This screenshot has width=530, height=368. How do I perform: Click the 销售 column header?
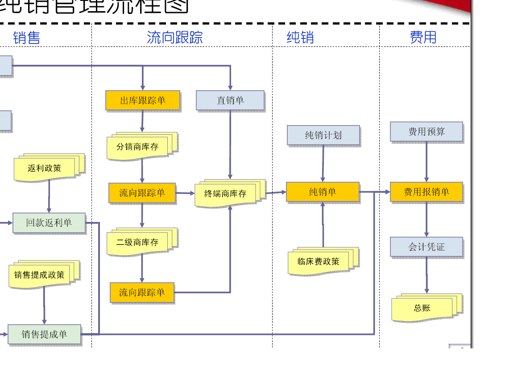(x=27, y=38)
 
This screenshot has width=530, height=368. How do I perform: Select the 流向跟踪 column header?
(x=175, y=38)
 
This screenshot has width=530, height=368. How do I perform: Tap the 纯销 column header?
(x=300, y=38)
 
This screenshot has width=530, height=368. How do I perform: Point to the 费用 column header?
(x=423, y=38)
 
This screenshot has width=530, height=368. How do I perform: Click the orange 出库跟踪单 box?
(x=143, y=100)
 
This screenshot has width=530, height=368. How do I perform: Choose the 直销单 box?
(x=230, y=100)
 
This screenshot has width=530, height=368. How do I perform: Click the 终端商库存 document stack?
(x=226, y=194)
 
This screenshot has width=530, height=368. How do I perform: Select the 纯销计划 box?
(x=323, y=135)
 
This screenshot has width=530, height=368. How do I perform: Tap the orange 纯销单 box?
(x=323, y=192)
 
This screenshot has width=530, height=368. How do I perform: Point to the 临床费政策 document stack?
(x=319, y=262)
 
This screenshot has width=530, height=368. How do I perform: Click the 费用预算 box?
(x=426, y=132)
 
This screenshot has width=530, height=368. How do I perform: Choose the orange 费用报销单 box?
(x=426, y=192)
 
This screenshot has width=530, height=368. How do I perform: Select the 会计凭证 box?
(x=426, y=247)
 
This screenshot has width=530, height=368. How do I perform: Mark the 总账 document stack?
(x=422, y=308)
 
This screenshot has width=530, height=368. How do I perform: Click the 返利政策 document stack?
(x=45, y=168)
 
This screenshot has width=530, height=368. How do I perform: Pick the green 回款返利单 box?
(x=49, y=223)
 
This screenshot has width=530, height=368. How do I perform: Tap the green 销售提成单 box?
(x=45, y=334)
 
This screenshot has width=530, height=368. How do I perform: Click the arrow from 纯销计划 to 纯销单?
(x=323, y=163)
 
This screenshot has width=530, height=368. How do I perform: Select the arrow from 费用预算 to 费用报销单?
(x=426, y=162)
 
